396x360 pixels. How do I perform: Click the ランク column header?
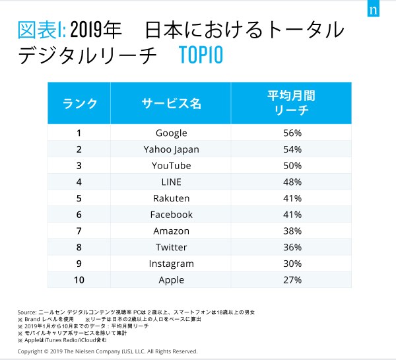tap(80, 103)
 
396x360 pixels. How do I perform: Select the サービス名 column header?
tap(171, 103)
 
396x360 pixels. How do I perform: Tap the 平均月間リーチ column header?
tap(292, 103)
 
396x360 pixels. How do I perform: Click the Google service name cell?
tap(171, 133)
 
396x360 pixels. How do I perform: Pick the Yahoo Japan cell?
tap(171, 149)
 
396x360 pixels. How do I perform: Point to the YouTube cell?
tap(171, 165)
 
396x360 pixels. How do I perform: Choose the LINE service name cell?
tap(171, 182)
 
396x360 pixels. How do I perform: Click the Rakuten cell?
tap(171, 198)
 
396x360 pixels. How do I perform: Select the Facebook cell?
tap(171, 215)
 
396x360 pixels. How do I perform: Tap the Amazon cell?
tap(171, 231)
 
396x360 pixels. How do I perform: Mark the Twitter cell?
tap(171, 247)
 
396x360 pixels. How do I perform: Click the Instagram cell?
tap(171, 264)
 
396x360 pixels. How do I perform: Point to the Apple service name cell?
tap(171, 279)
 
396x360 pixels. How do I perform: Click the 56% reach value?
tap(292, 133)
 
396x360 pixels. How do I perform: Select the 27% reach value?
tap(292, 279)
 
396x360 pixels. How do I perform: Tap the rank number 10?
tap(79, 279)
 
